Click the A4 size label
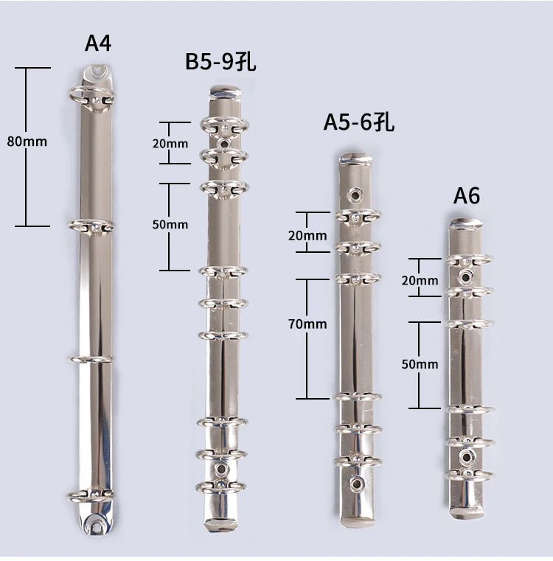point(98,43)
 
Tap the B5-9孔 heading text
point(220,61)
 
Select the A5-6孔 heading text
point(359,122)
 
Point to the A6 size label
point(467,195)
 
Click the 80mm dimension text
point(27,142)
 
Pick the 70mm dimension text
point(307,324)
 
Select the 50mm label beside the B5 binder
point(170,224)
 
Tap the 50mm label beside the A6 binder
point(420,364)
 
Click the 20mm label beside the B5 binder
point(170,144)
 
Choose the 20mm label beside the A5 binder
point(307,235)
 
